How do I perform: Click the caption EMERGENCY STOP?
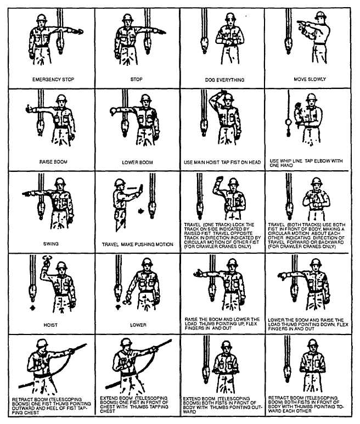[53, 80]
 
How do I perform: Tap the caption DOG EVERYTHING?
[224, 80]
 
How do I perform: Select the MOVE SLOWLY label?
[310, 79]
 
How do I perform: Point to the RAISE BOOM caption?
[53, 161]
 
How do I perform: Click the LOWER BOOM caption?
[137, 163]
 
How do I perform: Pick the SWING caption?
[51, 244]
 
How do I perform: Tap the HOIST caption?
[50, 325]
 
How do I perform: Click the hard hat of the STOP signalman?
[127, 18]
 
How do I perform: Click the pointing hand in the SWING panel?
[26, 194]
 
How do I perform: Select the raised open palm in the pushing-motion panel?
[140, 189]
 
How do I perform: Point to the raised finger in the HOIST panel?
[47, 261]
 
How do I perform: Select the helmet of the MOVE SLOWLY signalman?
[320, 16]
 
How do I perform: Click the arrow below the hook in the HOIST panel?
[33, 308]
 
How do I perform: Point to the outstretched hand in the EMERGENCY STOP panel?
[78, 32]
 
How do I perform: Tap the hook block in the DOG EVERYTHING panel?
[204, 44]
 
